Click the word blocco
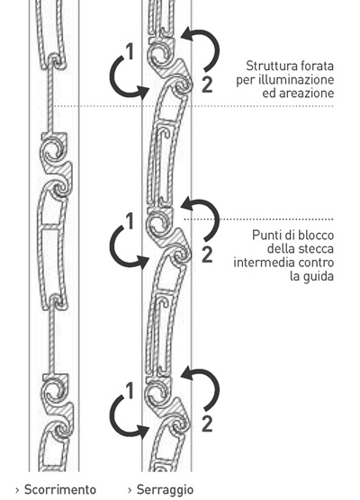tap(316, 236)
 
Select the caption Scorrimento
tap(60, 489)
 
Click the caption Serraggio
tap(165, 490)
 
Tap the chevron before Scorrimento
tap(17, 490)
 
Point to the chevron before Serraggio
tap(130, 490)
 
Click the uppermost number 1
tap(130, 51)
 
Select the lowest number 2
tap(207, 424)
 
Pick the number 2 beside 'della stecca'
tap(207, 254)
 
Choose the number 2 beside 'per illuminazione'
tap(207, 85)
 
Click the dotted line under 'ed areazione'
tap(193, 106)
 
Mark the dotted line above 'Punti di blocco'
tap(259, 219)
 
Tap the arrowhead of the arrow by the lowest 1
tap(143, 431)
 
